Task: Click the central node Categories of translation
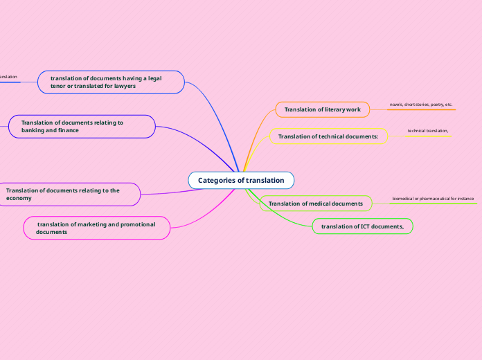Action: (241, 180)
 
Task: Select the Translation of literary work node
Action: (322, 109)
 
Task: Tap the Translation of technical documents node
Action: (328, 136)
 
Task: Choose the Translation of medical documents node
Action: (315, 204)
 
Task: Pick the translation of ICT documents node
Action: (362, 226)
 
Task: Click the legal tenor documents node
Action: (111, 82)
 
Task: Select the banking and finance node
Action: (82, 126)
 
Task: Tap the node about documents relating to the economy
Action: (69, 194)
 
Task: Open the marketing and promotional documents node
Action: (96, 228)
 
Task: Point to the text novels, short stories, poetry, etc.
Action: (420, 105)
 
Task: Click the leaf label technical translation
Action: (428, 131)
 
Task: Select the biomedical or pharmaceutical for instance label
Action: (433, 199)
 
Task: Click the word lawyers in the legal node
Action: (122, 86)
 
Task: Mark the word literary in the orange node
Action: (334, 109)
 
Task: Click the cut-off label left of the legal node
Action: (8, 77)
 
